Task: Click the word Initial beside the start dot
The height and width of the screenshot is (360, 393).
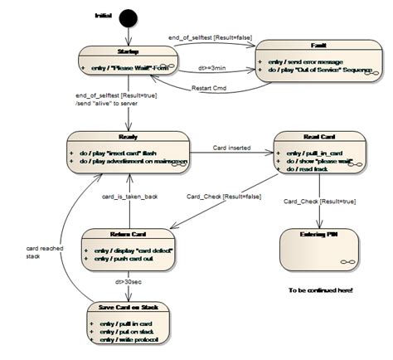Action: pyautogui.click(x=104, y=16)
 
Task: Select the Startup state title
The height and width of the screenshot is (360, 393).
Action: pyautogui.click(x=128, y=51)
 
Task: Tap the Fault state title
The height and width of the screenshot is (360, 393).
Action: pyautogui.click(x=319, y=47)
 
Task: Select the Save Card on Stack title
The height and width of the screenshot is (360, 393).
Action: pyautogui.click(x=131, y=307)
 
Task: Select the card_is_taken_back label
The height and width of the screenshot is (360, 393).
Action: pyautogui.click(x=131, y=196)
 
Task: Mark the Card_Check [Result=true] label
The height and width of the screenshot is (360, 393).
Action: pyautogui.click(x=320, y=201)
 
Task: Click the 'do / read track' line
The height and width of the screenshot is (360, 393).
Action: pyautogui.click(x=305, y=169)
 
